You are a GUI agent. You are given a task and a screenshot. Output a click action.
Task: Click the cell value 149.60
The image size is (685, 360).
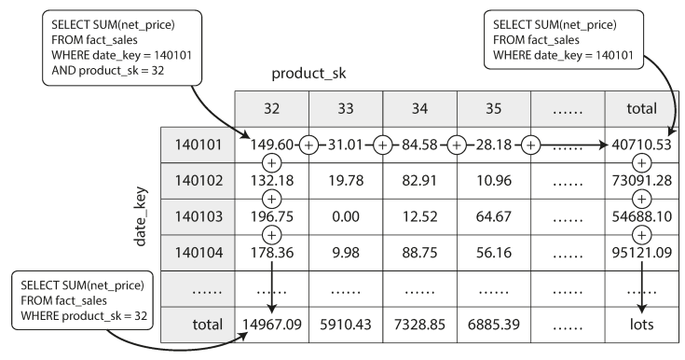tap(272, 145)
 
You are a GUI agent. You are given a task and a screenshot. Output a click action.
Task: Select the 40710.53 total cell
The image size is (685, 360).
tap(641, 145)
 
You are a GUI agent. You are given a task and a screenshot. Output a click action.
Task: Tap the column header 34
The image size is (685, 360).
tap(419, 108)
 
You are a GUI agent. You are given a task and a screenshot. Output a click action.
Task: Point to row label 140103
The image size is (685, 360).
tap(199, 216)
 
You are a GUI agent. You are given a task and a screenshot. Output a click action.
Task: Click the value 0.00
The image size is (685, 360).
tap(346, 216)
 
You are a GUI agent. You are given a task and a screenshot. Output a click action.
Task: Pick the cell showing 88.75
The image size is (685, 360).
tap(419, 253)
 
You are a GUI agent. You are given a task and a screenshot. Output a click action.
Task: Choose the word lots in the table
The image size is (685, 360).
tap(642, 325)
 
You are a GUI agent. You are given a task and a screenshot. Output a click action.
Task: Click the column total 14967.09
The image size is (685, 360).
tap(272, 325)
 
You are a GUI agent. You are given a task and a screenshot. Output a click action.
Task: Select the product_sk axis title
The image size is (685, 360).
tap(308, 74)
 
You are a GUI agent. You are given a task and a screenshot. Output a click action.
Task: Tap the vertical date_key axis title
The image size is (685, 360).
tap(141, 216)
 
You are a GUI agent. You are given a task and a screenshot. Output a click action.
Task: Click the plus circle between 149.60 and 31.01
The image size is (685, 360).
tap(308, 145)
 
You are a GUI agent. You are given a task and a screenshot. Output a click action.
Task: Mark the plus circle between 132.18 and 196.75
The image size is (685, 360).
tap(272, 199)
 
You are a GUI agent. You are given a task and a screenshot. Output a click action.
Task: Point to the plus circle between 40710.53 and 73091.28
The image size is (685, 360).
tap(642, 163)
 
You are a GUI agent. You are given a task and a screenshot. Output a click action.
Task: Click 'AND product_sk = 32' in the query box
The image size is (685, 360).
tap(108, 71)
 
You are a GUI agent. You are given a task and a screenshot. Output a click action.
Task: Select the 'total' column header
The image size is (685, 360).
tap(642, 108)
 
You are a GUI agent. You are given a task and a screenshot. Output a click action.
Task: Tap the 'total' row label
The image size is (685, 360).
tap(208, 325)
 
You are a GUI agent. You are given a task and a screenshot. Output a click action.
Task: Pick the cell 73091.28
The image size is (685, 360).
tap(642, 181)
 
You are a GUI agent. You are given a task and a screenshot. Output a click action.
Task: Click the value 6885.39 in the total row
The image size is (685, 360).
tap(494, 325)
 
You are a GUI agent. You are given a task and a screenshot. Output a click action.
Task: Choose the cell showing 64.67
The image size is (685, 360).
tap(494, 216)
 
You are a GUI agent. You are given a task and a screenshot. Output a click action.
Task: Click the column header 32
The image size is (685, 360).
tap(271, 108)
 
